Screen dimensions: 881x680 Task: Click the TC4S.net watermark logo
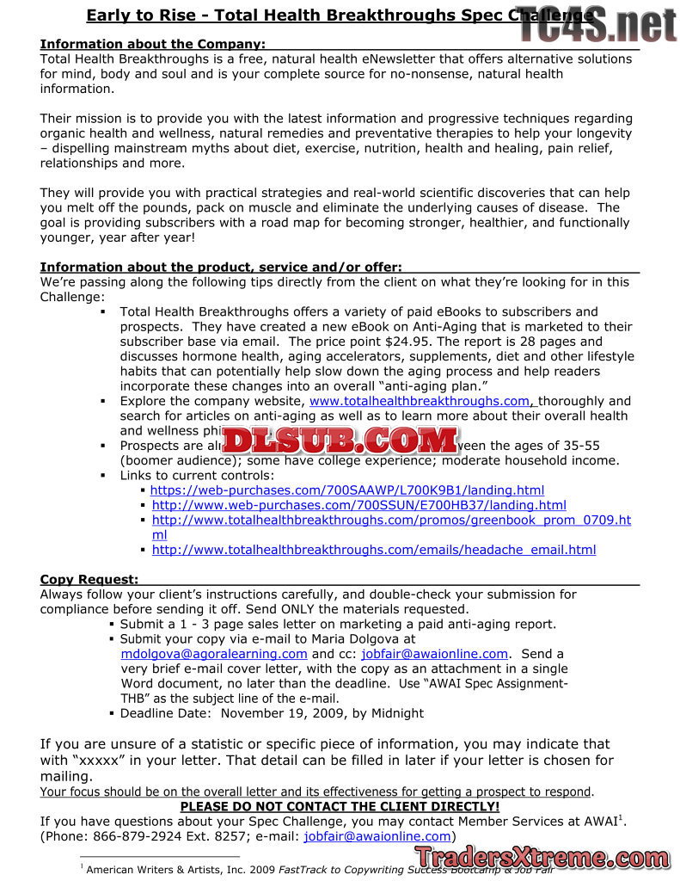coord(597,24)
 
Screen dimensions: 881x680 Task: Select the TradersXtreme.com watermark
coord(542,857)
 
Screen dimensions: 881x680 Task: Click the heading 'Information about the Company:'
coord(152,44)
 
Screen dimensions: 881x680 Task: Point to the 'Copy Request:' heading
coord(89,579)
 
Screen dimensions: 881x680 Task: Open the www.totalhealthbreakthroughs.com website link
coord(419,401)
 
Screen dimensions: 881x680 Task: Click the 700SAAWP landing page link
coord(346,490)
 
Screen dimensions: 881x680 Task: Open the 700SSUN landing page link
coord(358,505)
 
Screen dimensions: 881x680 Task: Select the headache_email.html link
coord(373,550)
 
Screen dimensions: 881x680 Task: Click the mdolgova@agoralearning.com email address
coord(214,654)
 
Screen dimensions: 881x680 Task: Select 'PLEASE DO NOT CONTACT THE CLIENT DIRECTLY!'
coord(340,807)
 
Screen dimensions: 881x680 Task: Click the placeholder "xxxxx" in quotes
coord(109,761)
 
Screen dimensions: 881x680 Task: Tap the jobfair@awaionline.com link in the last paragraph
coord(377,836)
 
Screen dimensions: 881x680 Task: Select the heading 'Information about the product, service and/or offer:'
coord(221,267)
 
